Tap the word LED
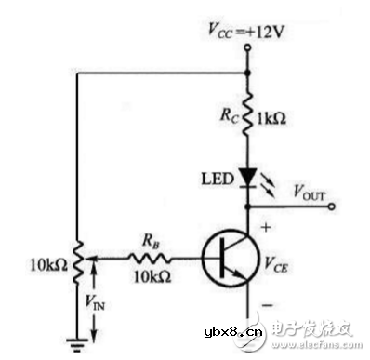tap(216, 178)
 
